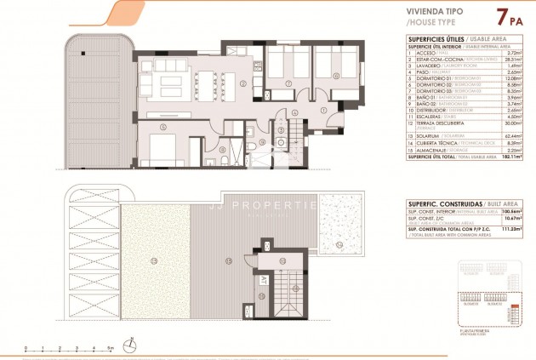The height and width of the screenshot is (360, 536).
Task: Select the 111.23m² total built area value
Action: [x=511, y=230]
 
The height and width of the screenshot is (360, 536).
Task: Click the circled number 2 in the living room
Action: [x=242, y=83]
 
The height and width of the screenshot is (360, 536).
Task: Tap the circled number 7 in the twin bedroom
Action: [x=289, y=83]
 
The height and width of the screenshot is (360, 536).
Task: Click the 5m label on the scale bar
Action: [x=110, y=348]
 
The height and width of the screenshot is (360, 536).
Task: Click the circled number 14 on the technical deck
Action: [x=340, y=246]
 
